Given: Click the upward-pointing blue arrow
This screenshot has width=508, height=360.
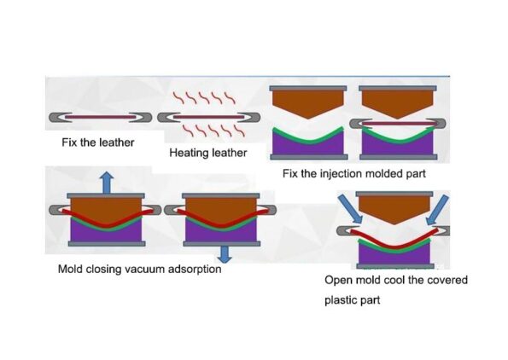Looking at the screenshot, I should click(x=105, y=182).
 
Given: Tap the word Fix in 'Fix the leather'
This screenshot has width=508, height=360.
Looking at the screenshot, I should click(x=70, y=142).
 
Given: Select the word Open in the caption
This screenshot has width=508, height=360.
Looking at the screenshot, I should click(x=338, y=280).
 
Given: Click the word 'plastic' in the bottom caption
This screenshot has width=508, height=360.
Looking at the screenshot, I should click(x=342, y=300).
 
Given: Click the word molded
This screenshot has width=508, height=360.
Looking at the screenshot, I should click(x=385, y=174).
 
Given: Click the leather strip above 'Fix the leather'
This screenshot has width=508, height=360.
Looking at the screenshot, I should click(x=101, y=117).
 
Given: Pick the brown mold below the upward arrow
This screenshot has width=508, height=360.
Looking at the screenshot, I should click(x=107, y=208).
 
